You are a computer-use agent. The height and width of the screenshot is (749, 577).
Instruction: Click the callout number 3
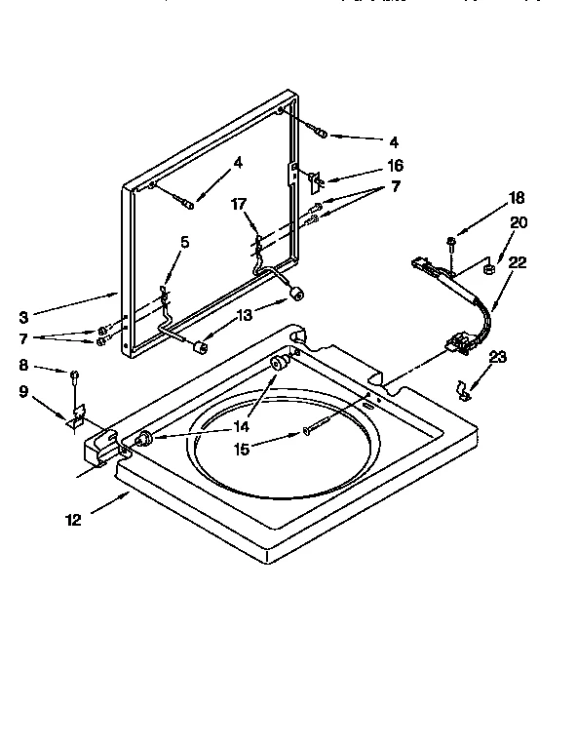tap(23, 316)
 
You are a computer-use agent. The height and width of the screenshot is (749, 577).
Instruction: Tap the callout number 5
tap(185, 242)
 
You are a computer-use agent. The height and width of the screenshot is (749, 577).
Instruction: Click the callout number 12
tap(74, 521)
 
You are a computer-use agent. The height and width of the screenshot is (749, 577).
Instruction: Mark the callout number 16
tap(395, 166)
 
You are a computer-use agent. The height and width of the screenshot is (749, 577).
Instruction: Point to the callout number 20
tap(519, 222)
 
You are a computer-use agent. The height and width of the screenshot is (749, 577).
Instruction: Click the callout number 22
tap(518, 260)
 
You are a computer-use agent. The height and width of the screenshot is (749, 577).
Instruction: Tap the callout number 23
tap(499, 357)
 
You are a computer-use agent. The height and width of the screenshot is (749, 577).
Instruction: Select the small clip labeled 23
tap(466, 391)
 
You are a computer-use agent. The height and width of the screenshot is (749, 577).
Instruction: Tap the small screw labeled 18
tap(451, 241)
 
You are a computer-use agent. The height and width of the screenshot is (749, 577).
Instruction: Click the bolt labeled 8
tap(74, 374)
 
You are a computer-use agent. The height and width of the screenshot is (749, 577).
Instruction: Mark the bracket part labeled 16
tap(313, 178)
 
